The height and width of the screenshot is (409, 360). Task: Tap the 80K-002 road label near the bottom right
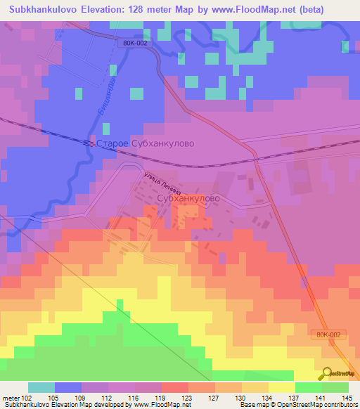click(326, 336)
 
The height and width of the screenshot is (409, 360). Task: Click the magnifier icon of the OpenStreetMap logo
click(326, 372)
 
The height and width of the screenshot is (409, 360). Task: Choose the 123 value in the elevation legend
click(188, 398)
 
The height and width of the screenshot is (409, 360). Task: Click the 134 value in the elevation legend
click(268, 398)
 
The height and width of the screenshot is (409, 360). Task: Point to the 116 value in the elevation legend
click(134, 398)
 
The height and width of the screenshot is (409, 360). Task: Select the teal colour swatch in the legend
click(41, 388)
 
